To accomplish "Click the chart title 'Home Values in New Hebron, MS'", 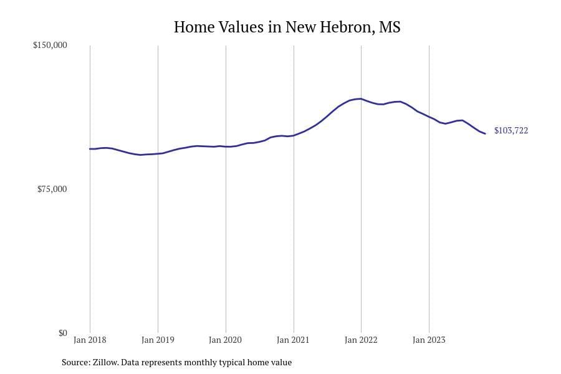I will coord(287,27).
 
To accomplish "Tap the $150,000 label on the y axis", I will coord(50,46).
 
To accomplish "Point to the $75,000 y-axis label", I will coord(52,189).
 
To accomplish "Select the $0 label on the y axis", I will coord(62,333).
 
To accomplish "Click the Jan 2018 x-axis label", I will coord(90,340).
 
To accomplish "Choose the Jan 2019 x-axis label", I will coord(158,340).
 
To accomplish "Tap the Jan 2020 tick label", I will coord(226,340).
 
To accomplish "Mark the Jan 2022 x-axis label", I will coord(361,340).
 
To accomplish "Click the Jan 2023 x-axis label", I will coord(429,340).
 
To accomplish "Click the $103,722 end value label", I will coord(511,131).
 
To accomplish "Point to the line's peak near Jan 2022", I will coord(360,98).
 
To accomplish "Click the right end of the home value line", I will coord(485,133).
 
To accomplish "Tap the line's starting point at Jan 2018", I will coord(90,149).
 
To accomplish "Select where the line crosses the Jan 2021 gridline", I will coord(294,135).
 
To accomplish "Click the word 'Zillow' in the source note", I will coord(105,362).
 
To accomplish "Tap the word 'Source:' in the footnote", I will coord(75,362).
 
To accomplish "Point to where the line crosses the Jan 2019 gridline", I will coord(158,153).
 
